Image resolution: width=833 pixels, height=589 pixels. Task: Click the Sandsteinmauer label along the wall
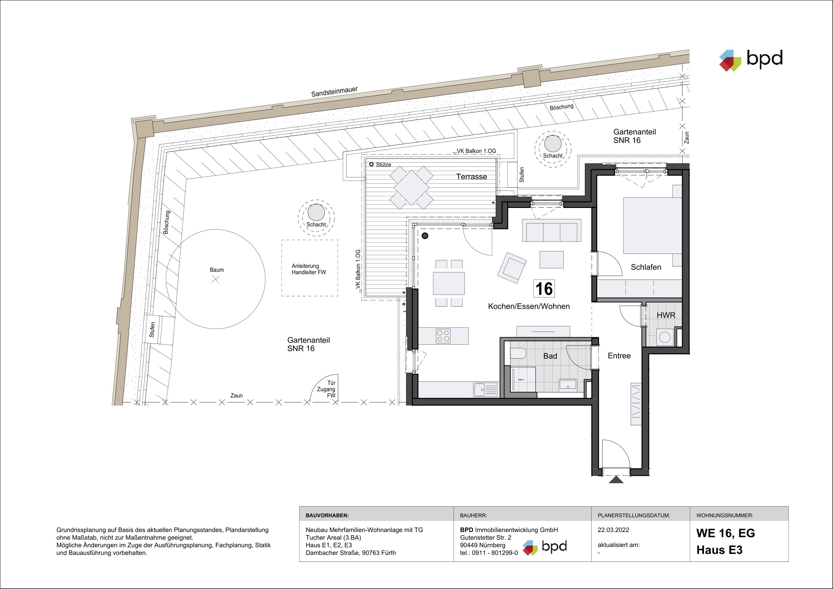pyautogui.click(x=334, y=92)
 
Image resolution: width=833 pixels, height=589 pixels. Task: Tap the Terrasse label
pyautogui.click(x=471, y=177)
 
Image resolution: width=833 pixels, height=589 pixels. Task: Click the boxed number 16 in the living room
pyautogui.click(x=544, y=289)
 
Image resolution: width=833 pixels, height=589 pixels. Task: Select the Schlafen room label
pyautogui.click(x=646, y=267)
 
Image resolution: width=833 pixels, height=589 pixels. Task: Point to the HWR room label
pyautogui.click(x=666, y=315)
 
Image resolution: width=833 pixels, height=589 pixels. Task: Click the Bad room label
pyautogui.click(x=550, y=356)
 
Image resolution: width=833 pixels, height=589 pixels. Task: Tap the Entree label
pyautogui.click(x=619, y=356)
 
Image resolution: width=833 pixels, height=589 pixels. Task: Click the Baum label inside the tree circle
pyautogui.click(x=217, y=270)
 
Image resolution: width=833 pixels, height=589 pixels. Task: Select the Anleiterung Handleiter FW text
pyautogui.click(x=309, y=269)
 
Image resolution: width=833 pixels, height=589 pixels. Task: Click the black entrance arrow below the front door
pyautogui.click(x=616, y=480)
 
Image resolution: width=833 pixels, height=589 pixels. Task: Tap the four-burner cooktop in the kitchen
pyautogui.click(x=443, y=336)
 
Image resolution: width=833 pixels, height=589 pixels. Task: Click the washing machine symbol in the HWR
pyautogui.click(x=665, y=337)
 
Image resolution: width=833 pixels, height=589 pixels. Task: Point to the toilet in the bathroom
pyautogui.click(x=518, y=353)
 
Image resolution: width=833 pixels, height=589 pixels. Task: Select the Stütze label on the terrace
pyautogui.click(x=383, y=165)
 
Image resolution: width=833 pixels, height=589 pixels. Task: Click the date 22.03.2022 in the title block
pyautogui.click(x=613, y=530)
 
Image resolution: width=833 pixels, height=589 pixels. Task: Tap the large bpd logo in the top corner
pyautogui.click(x=751, y=60)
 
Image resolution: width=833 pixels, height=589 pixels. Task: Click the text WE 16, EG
pyautogui.click(x=725, y=533)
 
